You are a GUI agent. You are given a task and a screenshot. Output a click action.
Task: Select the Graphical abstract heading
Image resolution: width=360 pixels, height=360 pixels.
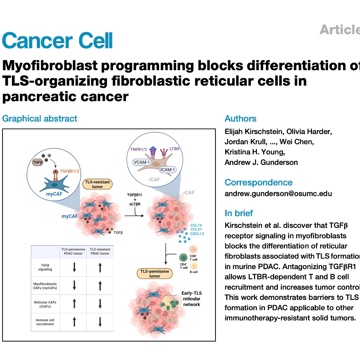pos(40,118)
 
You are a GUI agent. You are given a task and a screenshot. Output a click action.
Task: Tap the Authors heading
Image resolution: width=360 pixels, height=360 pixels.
pos(240,119)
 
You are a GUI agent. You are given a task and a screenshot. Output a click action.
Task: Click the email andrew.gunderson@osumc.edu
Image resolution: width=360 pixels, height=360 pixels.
pos(278,193)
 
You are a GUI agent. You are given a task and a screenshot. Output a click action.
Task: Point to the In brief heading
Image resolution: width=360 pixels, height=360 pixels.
pos(239,213)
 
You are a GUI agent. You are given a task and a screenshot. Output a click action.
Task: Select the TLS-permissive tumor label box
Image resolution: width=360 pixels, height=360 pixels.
pos(155,274)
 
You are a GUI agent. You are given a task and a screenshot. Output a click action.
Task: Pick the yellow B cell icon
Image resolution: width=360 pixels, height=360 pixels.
pos(193,266)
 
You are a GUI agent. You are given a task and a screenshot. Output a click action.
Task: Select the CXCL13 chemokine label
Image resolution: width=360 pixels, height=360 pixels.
pos(197,233)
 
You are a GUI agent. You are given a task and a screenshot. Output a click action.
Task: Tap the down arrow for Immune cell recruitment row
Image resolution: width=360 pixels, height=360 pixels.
pos(100,322)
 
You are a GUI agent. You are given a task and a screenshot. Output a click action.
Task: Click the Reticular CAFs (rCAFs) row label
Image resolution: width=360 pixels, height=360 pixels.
pos(45,304)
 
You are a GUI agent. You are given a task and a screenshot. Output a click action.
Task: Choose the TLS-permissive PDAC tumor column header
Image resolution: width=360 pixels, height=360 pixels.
pos(74,251)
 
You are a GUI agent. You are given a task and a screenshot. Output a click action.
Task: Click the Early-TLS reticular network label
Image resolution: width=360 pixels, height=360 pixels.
pos(191,299)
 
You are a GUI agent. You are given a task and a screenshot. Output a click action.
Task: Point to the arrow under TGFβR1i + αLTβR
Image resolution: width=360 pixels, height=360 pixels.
pos(139,215)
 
